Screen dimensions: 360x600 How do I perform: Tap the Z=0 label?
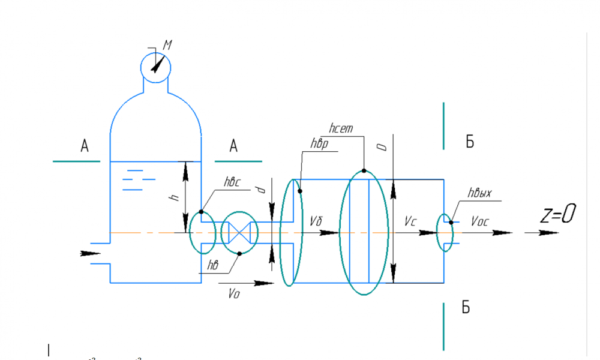coord(559,214)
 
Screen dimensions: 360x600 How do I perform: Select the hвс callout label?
coord(232,182)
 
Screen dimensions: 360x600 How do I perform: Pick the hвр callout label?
coord(319,144)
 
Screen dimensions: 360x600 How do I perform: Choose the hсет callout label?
coord(342,128)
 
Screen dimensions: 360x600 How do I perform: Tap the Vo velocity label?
coord(234,293)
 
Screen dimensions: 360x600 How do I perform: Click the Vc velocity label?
coord(410,221)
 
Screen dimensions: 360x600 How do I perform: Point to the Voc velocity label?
coord(480,221)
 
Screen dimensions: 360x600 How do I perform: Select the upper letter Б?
coord(470,142)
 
